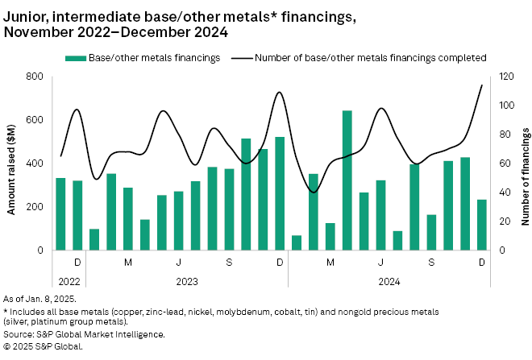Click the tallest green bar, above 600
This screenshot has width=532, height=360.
point(347,180)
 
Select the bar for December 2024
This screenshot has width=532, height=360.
point(482,225)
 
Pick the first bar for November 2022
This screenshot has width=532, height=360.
point(60,213)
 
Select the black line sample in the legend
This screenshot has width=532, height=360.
point(242,58)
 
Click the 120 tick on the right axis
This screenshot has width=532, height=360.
point(505,77)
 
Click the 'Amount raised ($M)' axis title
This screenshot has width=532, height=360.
point(13,163)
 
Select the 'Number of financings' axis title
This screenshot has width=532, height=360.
point(525,163)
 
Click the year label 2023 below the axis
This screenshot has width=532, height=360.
point(187,282)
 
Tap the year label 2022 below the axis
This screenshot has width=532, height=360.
point(69,282)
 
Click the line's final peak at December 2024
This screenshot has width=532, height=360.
point(482,85)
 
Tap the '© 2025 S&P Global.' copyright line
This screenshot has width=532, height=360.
point(44,346)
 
